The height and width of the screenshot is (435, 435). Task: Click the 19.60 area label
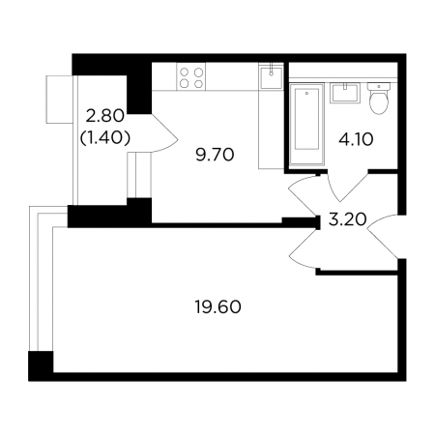pos(217,306)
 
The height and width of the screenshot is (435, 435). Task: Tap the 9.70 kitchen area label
pos(215,155)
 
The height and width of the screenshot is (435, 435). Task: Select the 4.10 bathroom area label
pos(356,139)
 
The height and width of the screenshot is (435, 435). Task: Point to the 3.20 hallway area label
pos(348,219)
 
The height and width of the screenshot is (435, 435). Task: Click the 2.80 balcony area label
pos(105,116)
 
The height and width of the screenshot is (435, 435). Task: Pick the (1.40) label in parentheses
pos(105,138)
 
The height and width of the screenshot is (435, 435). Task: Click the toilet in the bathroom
pos(379,98)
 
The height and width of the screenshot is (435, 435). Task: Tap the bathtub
pos(306,125)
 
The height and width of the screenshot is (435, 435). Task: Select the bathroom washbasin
pos(345,93)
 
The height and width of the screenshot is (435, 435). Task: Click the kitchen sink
pos(271,77)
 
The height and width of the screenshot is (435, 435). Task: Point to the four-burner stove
pos(190,76)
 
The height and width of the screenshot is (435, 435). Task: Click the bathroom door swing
pos(347,187)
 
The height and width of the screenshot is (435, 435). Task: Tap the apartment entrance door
pos(383,236)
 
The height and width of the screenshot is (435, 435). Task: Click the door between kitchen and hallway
pos(303,196)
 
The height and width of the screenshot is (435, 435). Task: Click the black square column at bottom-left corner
pos(41,366)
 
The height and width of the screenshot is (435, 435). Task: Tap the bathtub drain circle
pos(306,94)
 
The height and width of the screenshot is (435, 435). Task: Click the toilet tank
pos(379,86)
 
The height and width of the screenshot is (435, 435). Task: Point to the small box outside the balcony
pos(59,100)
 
